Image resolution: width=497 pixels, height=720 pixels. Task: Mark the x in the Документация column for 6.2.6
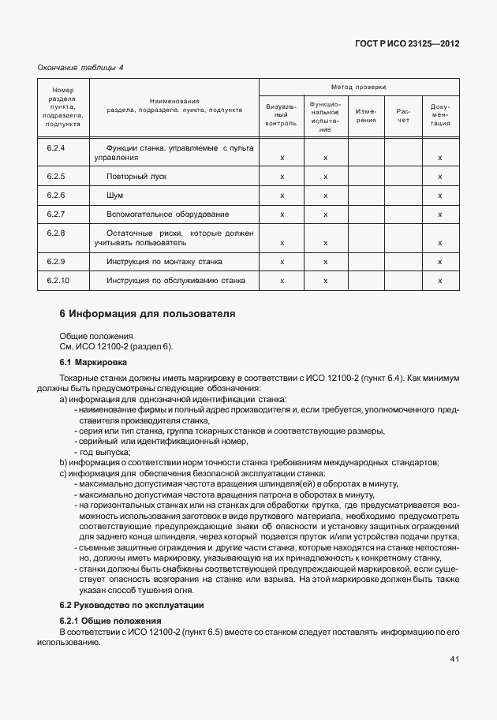[439, 195]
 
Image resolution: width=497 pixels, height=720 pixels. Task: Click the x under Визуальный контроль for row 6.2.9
[282, 261]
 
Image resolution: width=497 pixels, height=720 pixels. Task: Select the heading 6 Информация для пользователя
[148, 314]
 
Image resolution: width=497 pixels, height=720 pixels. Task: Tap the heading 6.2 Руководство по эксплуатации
[132, 605]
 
